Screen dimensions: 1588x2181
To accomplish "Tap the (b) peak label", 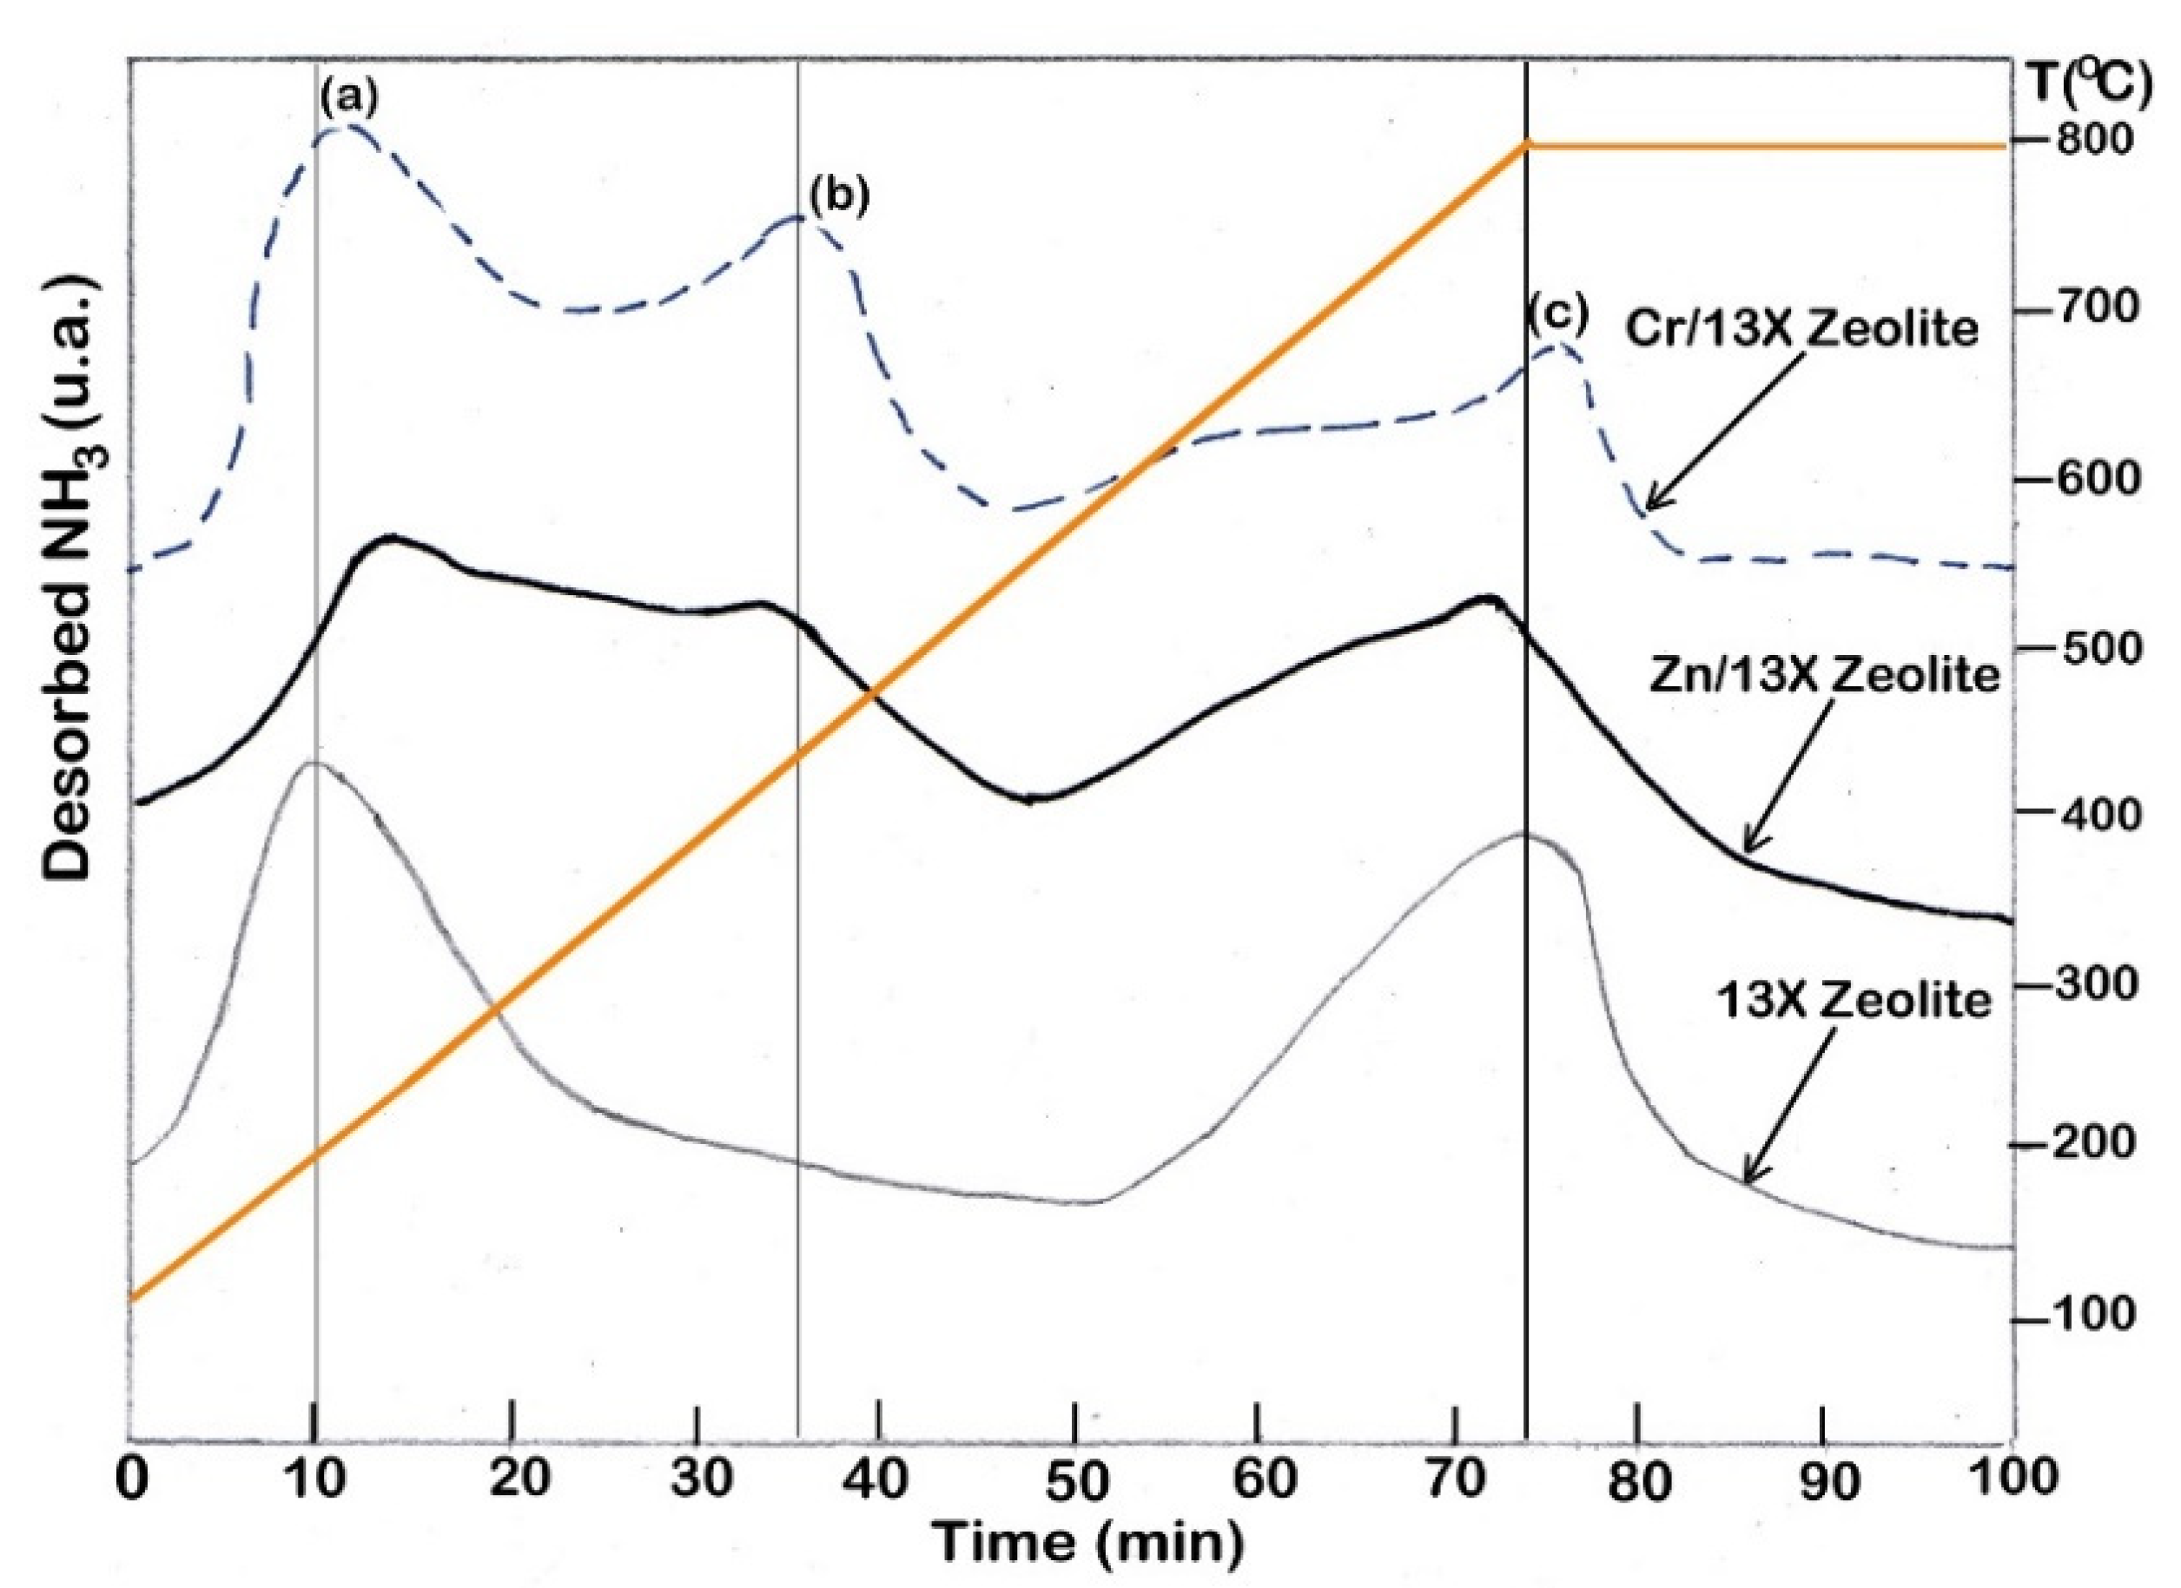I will (838, 195).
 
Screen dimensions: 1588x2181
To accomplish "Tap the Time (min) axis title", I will (1089, 1543).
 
